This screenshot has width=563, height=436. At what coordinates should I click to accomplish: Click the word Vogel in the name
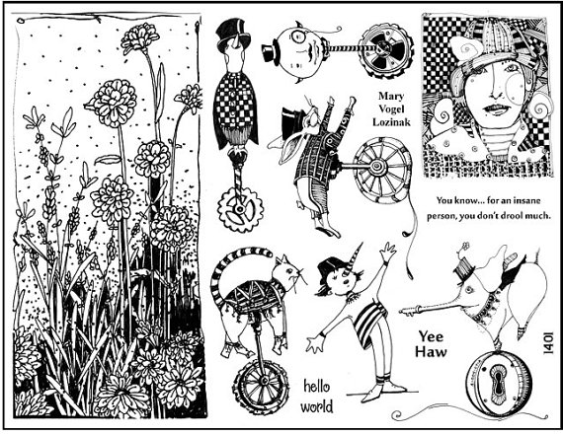[391, 109]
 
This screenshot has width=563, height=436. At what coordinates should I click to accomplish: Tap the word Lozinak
[391, 122]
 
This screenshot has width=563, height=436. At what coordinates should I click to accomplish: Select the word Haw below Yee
[431, 351]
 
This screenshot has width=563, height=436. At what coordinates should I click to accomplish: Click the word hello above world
[317, 387]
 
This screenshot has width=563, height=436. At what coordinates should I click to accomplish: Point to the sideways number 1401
[548, 343]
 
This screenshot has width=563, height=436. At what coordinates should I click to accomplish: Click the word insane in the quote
[525, 201]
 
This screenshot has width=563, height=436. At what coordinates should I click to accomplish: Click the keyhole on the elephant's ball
[499, 383]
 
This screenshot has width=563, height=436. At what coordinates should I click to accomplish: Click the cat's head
[286, 274]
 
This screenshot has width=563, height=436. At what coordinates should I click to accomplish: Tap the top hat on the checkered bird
[233, 33]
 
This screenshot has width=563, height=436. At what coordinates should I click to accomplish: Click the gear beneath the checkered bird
[240, 209]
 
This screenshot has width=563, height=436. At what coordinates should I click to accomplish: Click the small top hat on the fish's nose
[270, 53]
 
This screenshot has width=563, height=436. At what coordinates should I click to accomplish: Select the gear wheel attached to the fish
[386, 51]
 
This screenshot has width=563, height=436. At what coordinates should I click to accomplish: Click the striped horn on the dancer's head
[355, 258]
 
